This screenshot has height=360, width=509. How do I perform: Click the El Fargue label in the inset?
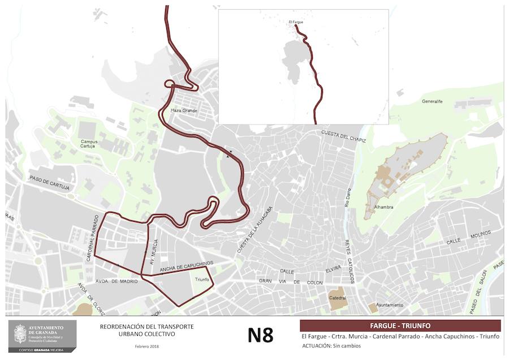[296, 22]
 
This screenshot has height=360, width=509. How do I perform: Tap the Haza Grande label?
[182, 110]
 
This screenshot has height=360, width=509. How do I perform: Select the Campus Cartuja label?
[88, 144]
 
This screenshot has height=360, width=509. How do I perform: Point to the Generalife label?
[433, 102]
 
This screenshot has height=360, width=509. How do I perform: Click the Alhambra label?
[383, 207]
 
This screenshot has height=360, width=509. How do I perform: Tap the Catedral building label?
[338, 298]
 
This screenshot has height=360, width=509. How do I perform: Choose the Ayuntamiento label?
[390, 305]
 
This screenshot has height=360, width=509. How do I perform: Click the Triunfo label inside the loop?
[202, 280]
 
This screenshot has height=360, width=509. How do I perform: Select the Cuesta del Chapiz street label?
[344, 136]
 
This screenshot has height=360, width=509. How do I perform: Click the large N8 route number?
[260, 335]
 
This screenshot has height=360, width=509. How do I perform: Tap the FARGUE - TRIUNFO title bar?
[400, 325]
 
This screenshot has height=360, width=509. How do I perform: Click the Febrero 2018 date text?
[146, 346]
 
